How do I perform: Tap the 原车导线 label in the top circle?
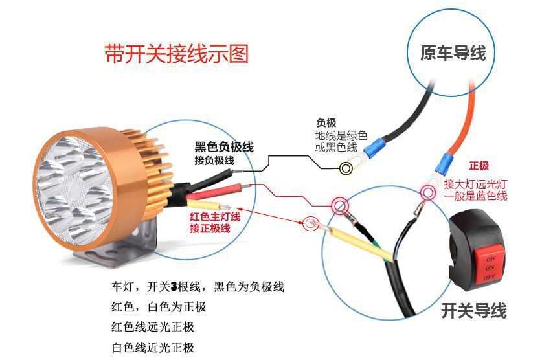tap(453, 53)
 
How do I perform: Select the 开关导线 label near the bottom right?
tap(473, 311)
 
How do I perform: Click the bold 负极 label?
tap(326, 122)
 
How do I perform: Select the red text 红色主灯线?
tap(214, 217)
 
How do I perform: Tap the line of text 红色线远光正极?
tap(152, 326)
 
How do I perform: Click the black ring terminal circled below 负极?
tap(347, 168)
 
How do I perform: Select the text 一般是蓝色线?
tap(475, 196)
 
